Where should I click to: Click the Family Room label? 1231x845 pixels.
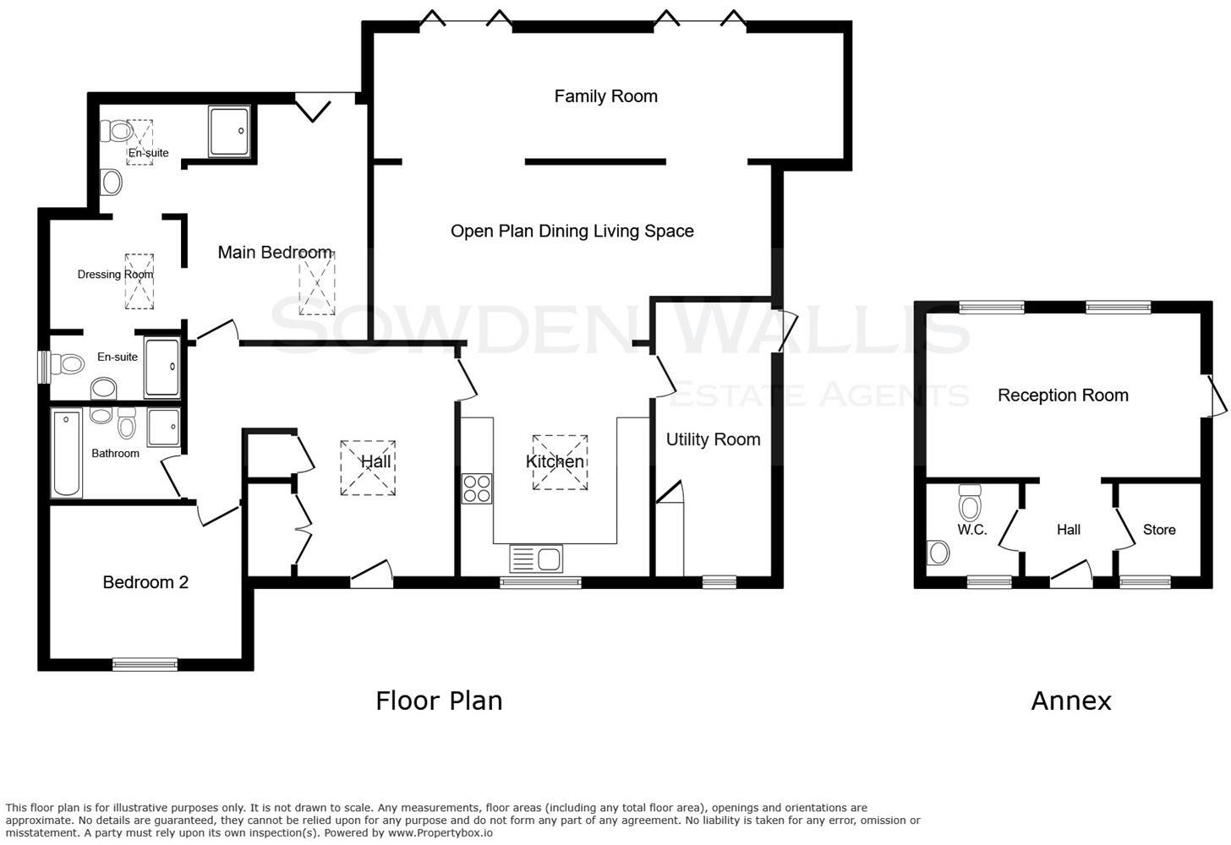605,96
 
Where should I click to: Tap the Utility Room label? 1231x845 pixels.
713,439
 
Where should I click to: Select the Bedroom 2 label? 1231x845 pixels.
145,582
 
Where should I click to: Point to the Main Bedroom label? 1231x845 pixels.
275,252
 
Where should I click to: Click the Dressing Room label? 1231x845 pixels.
115,274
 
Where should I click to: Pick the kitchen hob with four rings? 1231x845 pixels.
477,489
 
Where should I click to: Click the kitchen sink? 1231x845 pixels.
536,559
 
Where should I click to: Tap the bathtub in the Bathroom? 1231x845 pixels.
66,454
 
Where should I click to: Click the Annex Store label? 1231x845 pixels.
1159,530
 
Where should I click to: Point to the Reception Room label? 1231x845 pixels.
1063,395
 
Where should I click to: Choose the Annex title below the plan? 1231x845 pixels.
1070,701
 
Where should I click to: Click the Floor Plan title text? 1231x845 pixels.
439,701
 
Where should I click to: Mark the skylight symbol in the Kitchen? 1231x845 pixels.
560,462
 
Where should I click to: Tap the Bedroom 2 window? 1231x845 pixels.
145,665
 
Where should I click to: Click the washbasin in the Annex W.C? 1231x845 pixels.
938,553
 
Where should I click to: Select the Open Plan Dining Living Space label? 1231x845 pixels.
572,232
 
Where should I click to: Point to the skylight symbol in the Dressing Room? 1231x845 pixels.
140,281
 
